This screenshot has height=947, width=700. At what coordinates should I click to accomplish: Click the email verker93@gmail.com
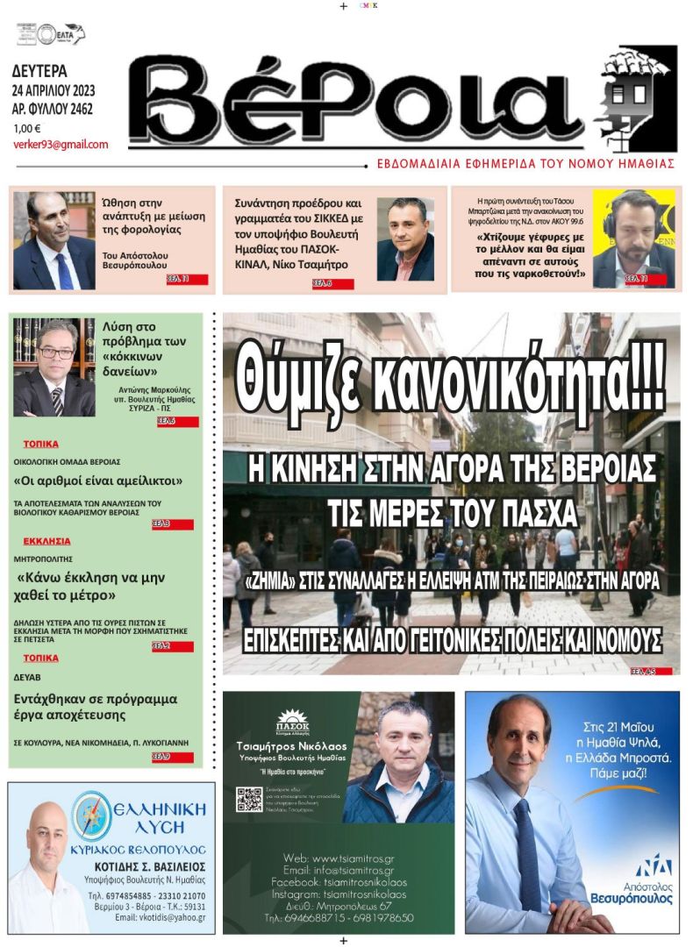[x=61, y=145]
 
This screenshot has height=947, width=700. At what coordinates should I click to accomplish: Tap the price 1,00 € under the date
[x=27, y=128]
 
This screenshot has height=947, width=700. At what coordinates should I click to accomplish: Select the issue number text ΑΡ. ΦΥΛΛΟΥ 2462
[x=53, y=110]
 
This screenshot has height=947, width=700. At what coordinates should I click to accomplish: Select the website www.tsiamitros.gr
[x=350, y=858]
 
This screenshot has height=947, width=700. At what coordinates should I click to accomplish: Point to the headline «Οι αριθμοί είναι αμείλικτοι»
[x=98, y=481]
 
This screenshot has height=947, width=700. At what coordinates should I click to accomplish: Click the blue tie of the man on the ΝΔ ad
[x=527, y=854]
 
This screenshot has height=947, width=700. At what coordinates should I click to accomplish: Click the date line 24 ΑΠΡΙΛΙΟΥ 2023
[x=54, y=91]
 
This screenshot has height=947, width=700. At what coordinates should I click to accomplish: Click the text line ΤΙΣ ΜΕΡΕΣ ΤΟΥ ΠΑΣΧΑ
[x=450, y=509]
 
